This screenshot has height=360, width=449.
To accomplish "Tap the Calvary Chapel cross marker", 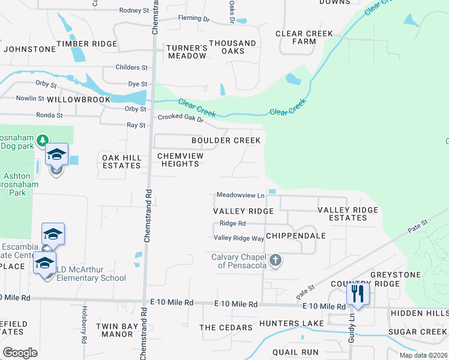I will click(x=276, y=260).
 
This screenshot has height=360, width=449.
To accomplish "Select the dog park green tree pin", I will click(x=42, y=141).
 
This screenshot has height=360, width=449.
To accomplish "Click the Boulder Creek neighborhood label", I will click(x=226, y=140).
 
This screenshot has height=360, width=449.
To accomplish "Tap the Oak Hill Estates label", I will click(x=122, y=161).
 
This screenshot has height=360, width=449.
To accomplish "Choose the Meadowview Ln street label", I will click(x=240, y=196).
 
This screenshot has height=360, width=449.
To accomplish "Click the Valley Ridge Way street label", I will click(x=239, y=238).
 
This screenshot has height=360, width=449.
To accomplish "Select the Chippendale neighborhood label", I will click(x=295, y=236).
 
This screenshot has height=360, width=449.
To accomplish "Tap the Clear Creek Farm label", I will click(x=304, y=38).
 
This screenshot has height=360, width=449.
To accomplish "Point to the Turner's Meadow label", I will click(x=187, y=52).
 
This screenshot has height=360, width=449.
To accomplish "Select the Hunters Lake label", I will click(x=291, y=323).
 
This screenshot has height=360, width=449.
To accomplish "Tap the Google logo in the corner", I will click(x=20, y=352).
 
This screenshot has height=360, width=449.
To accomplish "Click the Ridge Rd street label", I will click(x=233, y=223).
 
